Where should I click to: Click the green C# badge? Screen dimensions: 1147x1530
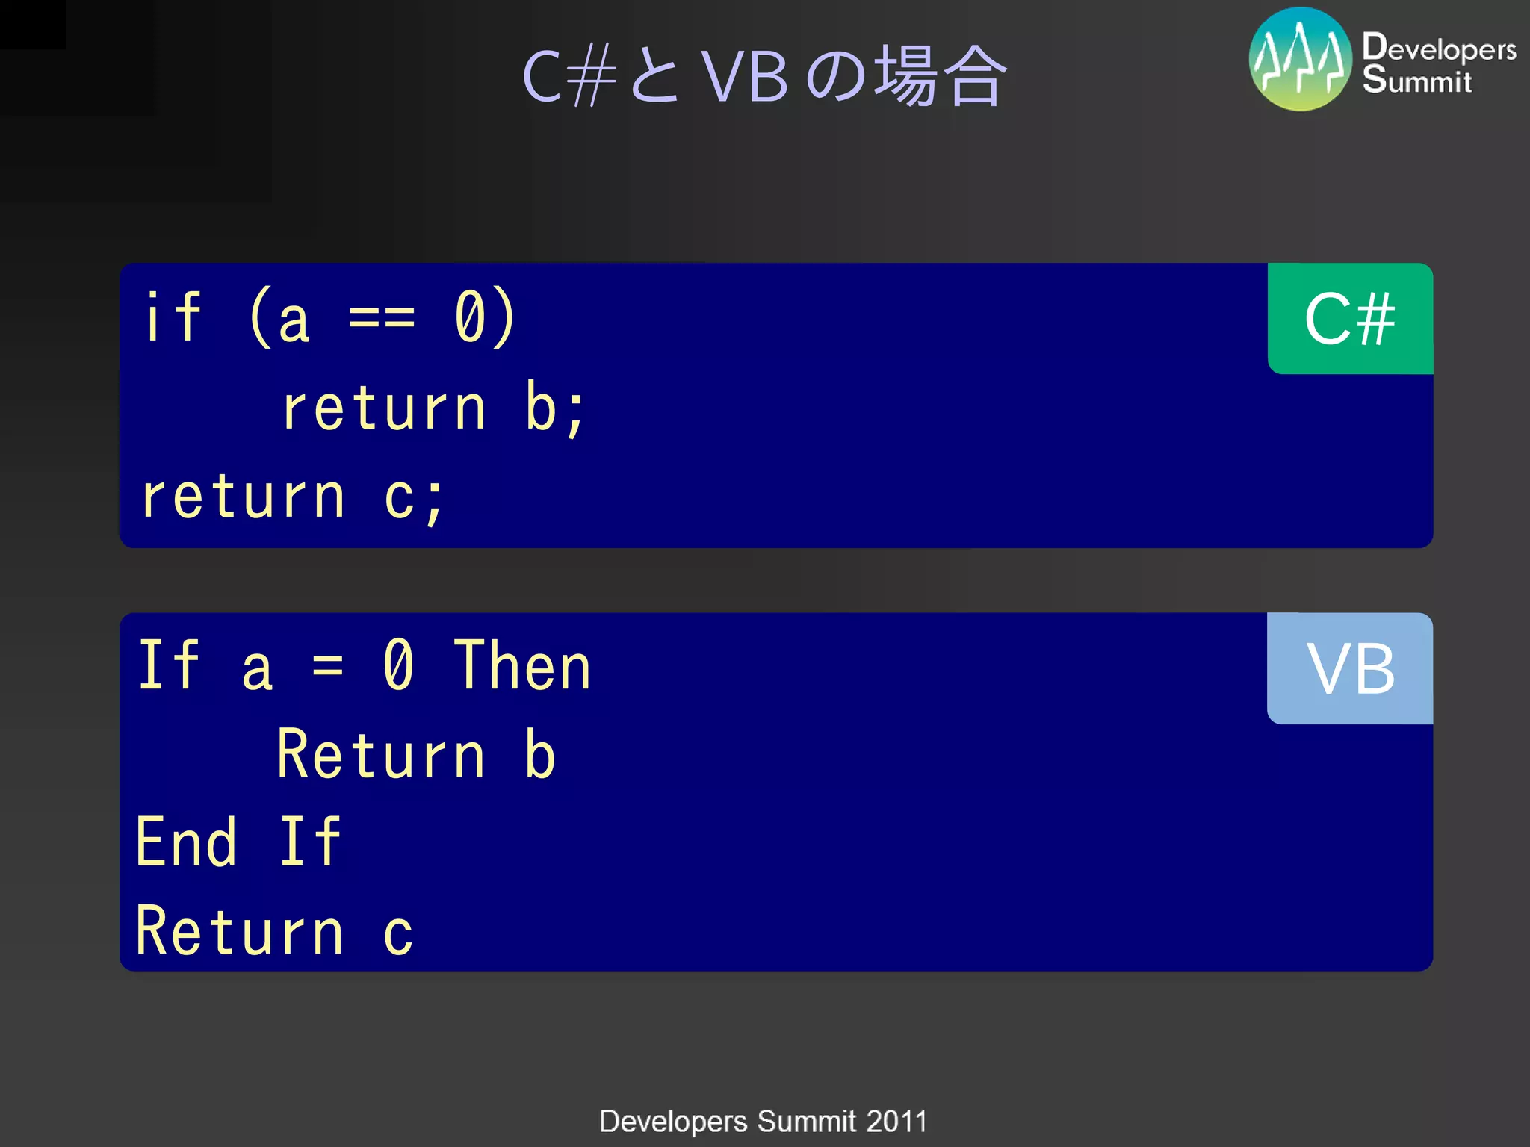click(x=1350, y=319)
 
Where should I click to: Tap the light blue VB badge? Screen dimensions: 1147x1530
click(x=1350, y=668)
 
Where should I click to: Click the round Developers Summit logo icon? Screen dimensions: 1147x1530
click(x=1300, y=60)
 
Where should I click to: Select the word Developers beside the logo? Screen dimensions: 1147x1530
click(x=1439, y=48)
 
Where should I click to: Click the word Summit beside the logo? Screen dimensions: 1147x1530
click(x=1416, y=80)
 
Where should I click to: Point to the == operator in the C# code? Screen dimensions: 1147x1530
click(x=382, y=318)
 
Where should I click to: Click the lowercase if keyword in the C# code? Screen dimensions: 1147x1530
click(x=173, y=318)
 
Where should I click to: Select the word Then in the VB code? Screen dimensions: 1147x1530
click(x=522, y=667)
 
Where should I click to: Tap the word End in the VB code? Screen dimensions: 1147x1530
click(x=186, y=842)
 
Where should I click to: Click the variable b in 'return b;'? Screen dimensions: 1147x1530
click(x=540, y=408)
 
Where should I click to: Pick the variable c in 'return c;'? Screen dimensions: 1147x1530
click(x=399, y=497)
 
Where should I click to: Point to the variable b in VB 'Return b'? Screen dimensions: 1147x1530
click(x=539, y=755)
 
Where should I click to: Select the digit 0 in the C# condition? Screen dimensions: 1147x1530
click(x=471, y=318)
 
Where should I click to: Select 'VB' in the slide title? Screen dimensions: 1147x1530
click(x=745, y=77)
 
